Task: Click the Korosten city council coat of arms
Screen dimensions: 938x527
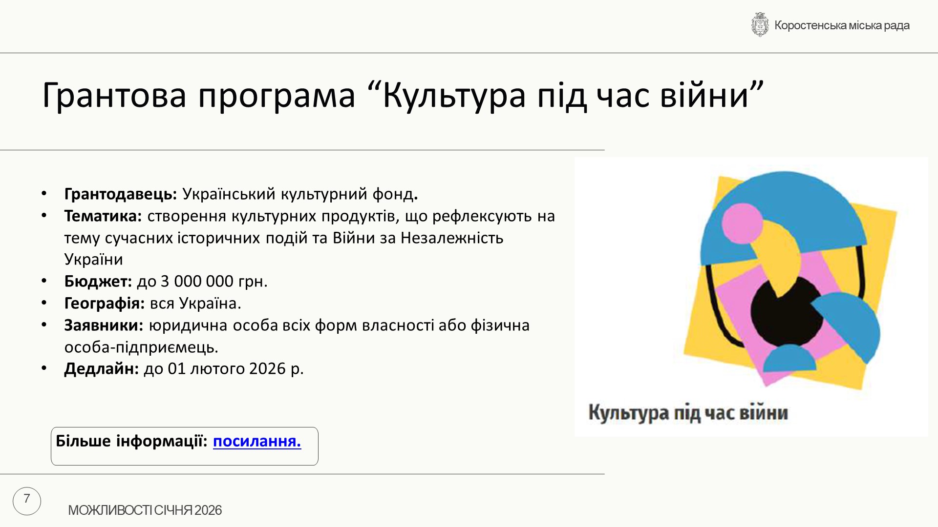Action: point(760,25)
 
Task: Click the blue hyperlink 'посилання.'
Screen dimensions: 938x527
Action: point(257,441)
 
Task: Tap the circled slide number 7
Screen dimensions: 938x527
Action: point(27,501)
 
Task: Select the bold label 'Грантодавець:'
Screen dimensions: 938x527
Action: point(121,194)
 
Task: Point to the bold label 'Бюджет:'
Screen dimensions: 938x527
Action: point(98,282)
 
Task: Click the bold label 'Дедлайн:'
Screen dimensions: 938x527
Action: point(102,368)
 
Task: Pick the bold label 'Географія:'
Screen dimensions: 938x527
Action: point(105,304)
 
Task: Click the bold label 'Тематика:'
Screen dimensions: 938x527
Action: point(103,216)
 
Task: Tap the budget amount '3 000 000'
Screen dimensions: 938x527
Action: point(197,282)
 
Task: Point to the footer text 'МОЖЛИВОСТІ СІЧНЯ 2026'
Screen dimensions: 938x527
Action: point(145,510)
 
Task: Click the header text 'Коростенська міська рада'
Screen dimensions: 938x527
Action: point(842,25)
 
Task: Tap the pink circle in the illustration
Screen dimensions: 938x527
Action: point(742,223)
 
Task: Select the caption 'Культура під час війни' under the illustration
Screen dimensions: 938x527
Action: point(688,413)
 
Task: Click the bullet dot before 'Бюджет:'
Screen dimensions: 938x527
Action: point(44,281)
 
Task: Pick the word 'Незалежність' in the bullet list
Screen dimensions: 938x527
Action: point(452,238)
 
